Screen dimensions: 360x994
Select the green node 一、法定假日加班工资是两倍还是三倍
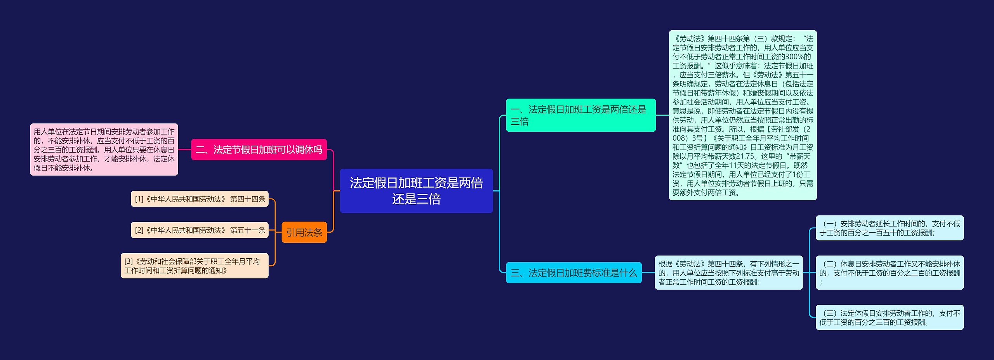580,115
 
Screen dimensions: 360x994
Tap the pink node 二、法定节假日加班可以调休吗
259,150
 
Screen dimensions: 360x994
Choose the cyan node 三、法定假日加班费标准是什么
573,273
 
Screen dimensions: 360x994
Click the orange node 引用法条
304,232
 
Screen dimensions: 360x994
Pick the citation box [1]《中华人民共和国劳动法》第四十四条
200,199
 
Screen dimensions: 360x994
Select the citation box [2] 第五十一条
200,230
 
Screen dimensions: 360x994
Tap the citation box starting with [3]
194,266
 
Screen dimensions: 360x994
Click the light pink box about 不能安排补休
104,150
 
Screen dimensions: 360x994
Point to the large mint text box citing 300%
742,115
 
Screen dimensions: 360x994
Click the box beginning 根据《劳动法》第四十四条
728,273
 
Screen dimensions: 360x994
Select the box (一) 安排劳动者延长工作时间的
889,228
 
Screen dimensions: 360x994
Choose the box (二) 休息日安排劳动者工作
889,273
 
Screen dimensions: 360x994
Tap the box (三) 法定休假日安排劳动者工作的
889,317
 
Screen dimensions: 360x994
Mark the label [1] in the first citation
139,199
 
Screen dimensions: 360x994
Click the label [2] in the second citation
139,230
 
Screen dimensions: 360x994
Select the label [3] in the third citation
129,261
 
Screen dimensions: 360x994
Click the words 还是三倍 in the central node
416,199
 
